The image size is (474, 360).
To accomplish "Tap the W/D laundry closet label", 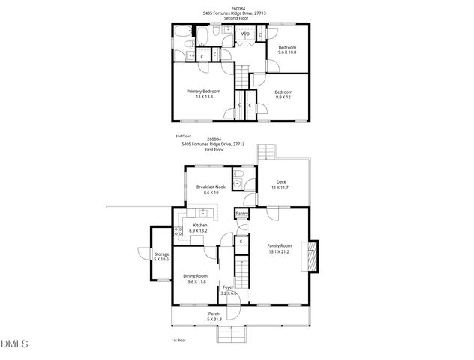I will coord(245,34).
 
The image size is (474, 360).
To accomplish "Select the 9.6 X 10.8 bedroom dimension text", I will coord(287,52).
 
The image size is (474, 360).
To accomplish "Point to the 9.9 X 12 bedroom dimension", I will coord(282,96).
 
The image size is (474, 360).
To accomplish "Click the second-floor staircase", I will coord(241,76).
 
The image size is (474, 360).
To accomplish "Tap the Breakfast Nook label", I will coord(211,187).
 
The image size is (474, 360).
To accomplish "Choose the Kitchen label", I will coord(200,225).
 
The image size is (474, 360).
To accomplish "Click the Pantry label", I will coord(241,214).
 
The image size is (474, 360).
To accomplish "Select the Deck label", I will coord(281,181).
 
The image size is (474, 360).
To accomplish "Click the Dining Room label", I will coord(196,276).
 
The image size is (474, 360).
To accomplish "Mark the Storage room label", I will coord(162,254).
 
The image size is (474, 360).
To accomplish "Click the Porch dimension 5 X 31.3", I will coord(214,319).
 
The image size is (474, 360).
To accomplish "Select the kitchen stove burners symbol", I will coord(178,230).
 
